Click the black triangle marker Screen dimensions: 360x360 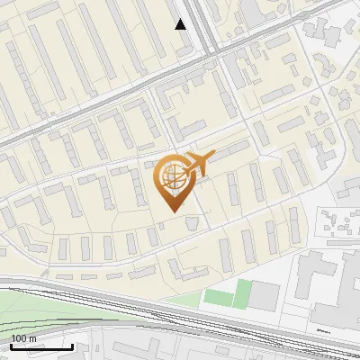click(181, 24)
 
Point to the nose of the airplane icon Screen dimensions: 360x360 click(212, 156)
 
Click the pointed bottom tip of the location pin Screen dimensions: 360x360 click(171, 211)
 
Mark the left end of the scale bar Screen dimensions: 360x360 click(12, 346)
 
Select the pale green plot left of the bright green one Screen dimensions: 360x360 click(216, 297)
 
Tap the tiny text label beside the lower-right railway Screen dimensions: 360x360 click(321, 330)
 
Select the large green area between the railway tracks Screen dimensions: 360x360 click(54, 306)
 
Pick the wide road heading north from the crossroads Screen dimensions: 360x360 click(203, 18)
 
